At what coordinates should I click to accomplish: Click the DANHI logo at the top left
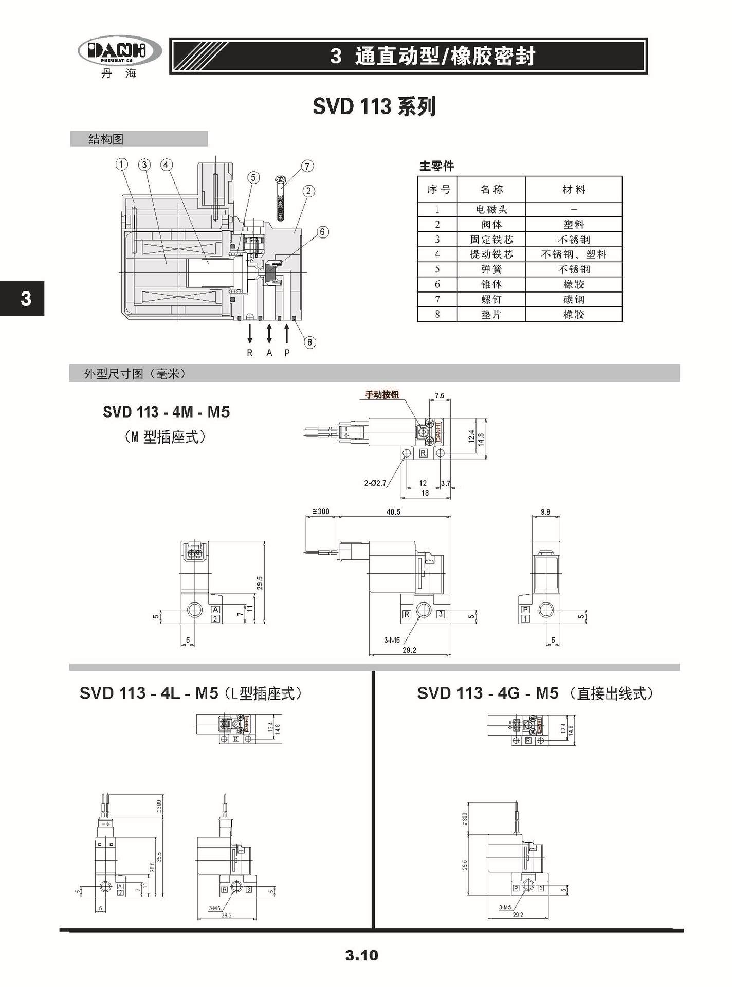coord(119,51)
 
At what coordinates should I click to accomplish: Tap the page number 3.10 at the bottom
coord(361,955)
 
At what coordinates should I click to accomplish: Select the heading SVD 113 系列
coord(374,107)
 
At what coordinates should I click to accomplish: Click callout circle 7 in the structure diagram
coord(307,166)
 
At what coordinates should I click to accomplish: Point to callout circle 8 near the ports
coord(309,342)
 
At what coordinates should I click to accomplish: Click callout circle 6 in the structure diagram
coord(322,232)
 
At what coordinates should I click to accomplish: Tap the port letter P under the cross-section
coord(287,353)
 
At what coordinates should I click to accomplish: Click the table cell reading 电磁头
coord(491,209)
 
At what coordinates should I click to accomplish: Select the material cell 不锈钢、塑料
coord(574,254)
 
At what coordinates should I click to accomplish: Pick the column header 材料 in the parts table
coord(574,189)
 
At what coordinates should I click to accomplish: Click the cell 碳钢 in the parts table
coord(574,299)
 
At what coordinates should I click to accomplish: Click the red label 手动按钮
coord(382,395)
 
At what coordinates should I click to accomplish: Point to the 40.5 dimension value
coord(393,512)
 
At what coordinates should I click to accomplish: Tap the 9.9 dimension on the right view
coord(545,512)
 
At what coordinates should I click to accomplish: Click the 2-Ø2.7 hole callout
coord(375,483)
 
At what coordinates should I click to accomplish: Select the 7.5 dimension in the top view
coord(440,396)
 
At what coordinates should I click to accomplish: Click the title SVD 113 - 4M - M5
coord(166,412)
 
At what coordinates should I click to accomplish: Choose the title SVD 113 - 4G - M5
coord(487,693)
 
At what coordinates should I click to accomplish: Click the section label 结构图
coord(106,139)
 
